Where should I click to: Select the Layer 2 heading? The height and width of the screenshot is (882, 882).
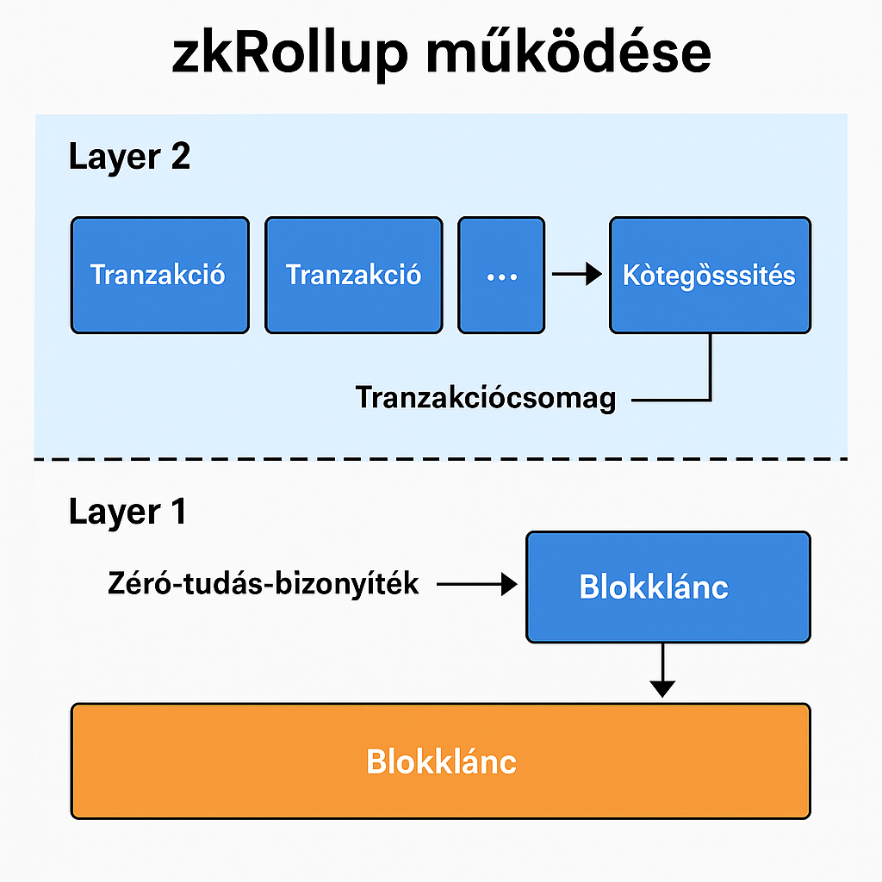pyautogui.click(x=129, y=158)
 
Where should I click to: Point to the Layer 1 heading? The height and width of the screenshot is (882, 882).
pyautogui.click(x=127, y=512)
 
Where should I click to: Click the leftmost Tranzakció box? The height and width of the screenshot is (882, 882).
pyautogui.click(x=159, y=276)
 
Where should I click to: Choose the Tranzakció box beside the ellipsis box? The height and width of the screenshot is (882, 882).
pyautogui.click(x=353, y=276)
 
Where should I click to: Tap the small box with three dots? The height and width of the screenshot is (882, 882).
pyautogui.click(x=501, y=276)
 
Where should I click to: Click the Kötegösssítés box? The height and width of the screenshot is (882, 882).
pyautogui.click(x=710, y=276)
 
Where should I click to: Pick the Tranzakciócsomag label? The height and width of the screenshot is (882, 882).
pyautogui.click(x=486, y=398)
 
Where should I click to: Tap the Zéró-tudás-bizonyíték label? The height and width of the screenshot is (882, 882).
pyautogui.click(x=264, y=584)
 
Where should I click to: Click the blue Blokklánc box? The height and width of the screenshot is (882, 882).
pyautogui.click(x=668, y=587)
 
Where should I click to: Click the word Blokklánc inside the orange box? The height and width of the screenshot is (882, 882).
pyautogui.click(x=441, y=761)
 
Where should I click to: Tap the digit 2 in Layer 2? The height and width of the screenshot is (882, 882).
pyautogui.click(x=180, y=158)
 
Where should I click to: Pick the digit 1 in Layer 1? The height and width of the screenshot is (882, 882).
pyautogui.click(x=177, y=512)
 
